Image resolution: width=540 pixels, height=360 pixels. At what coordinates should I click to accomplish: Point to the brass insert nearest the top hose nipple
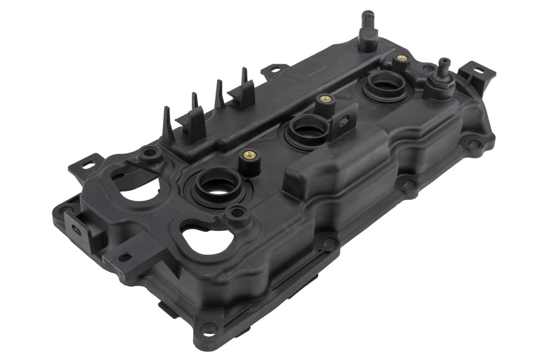401,58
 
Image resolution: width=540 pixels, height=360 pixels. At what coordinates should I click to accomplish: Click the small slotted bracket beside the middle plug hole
343,120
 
